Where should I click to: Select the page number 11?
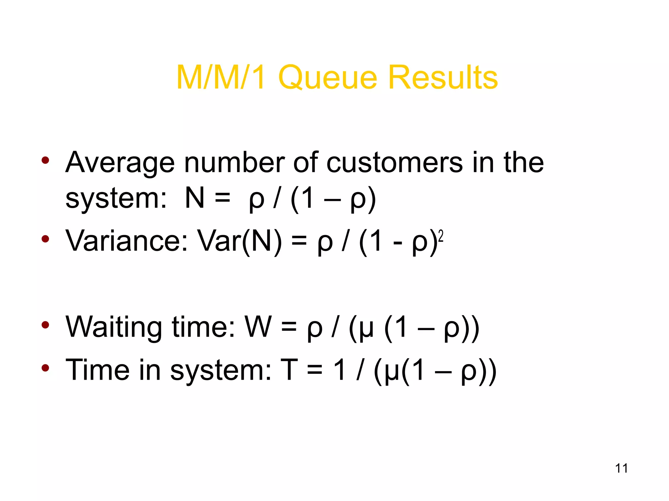[621, 468]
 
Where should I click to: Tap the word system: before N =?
[116, 199]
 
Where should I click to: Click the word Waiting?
[114, 327]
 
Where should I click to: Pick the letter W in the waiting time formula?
[258, 327]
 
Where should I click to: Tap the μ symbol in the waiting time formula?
[366, 329]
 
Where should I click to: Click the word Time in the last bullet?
[97, 370]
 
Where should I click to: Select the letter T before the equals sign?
[289, 370]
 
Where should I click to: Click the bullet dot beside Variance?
[45, 239]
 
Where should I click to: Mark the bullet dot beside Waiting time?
[45, 325]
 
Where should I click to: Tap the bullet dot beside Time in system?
[45, 368]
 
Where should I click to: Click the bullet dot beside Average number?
[45, 160]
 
